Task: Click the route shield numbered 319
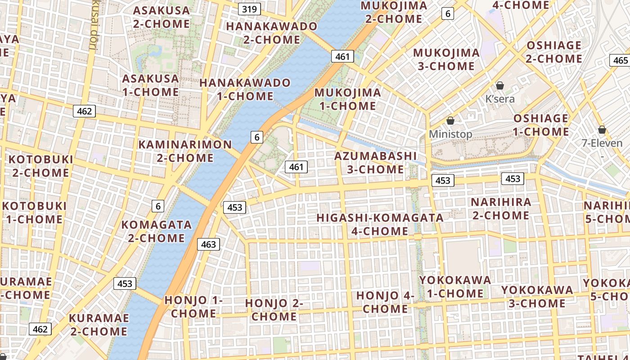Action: click(249, 9)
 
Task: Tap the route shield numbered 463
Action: click(208, 244)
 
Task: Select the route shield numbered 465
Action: click(620, 60)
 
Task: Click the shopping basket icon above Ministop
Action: click(450, 121)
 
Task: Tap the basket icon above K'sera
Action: click(499, 85)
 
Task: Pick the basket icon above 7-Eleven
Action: click(602, 130)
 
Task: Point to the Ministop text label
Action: click(450, 134)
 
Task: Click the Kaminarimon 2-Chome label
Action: click(185, 151)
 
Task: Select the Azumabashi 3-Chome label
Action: click(369, 162)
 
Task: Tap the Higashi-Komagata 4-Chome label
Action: click(380, 224)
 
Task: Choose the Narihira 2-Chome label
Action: click(501, 208)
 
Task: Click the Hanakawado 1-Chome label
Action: click(245, 89)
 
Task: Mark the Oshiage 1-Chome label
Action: click(541, 125)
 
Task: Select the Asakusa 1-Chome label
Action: click(150, 85)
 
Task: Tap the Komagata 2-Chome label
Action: click(156, 231)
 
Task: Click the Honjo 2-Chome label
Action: click(274, 310)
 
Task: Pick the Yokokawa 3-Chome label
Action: click(537, 296)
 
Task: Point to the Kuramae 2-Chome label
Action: click(99, 324)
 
